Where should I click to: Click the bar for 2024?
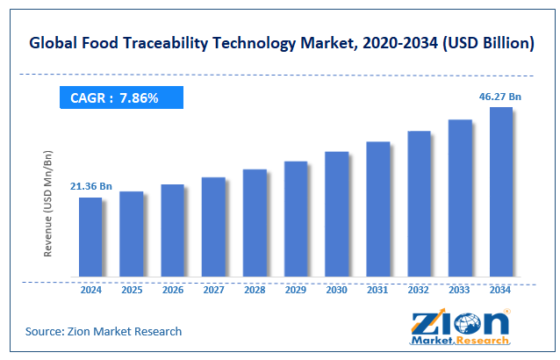pyautogui.click(x=90, y=237)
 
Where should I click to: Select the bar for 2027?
pyautogui.click(x=213, y=227)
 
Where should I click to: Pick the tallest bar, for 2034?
pyautogui.click(x=501, y=192)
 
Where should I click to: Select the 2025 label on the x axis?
pyautogui.click(x=131, y=289)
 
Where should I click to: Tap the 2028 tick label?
pyautogui.click(x=255, y=289)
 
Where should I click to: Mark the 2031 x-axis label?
pyautogui.click(x=377, y=289)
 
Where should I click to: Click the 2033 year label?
pyautogui.click(x=460, y=289)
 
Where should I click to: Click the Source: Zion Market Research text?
pyautogui.click(x=104, y=331)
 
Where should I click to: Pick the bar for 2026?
pyautogui.click(x=172, y=231)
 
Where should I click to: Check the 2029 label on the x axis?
pyautogui.click(x=296, y=289)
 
